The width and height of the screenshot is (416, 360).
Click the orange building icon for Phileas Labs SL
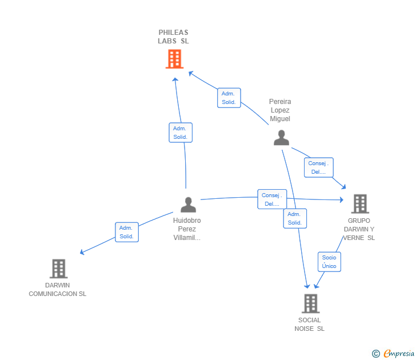174,59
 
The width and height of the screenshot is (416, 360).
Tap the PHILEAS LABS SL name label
173,37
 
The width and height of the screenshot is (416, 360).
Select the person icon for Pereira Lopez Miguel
281,138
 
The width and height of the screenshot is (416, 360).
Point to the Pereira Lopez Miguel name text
280,110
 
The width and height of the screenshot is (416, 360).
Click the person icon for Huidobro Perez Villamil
188,205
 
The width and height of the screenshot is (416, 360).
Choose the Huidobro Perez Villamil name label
187,229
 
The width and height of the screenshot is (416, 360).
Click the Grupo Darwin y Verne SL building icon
359,203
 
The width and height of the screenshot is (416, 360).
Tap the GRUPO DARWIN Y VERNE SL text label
359,229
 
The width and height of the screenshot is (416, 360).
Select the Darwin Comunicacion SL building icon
58,268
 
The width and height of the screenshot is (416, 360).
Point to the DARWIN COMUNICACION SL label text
58,290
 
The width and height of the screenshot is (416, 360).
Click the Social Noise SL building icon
310,303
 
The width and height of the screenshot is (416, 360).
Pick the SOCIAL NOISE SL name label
309,324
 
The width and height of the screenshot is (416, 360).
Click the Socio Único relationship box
329,262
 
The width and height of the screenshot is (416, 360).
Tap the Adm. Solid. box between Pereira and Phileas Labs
229,98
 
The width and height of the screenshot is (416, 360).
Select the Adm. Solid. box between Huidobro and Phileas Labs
181,133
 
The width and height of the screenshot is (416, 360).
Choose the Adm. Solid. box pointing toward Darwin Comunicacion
127,232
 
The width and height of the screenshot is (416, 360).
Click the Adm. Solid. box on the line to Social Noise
295,218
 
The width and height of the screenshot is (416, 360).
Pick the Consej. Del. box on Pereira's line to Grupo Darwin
318,167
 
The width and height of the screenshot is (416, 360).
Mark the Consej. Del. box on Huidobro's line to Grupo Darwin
272,199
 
